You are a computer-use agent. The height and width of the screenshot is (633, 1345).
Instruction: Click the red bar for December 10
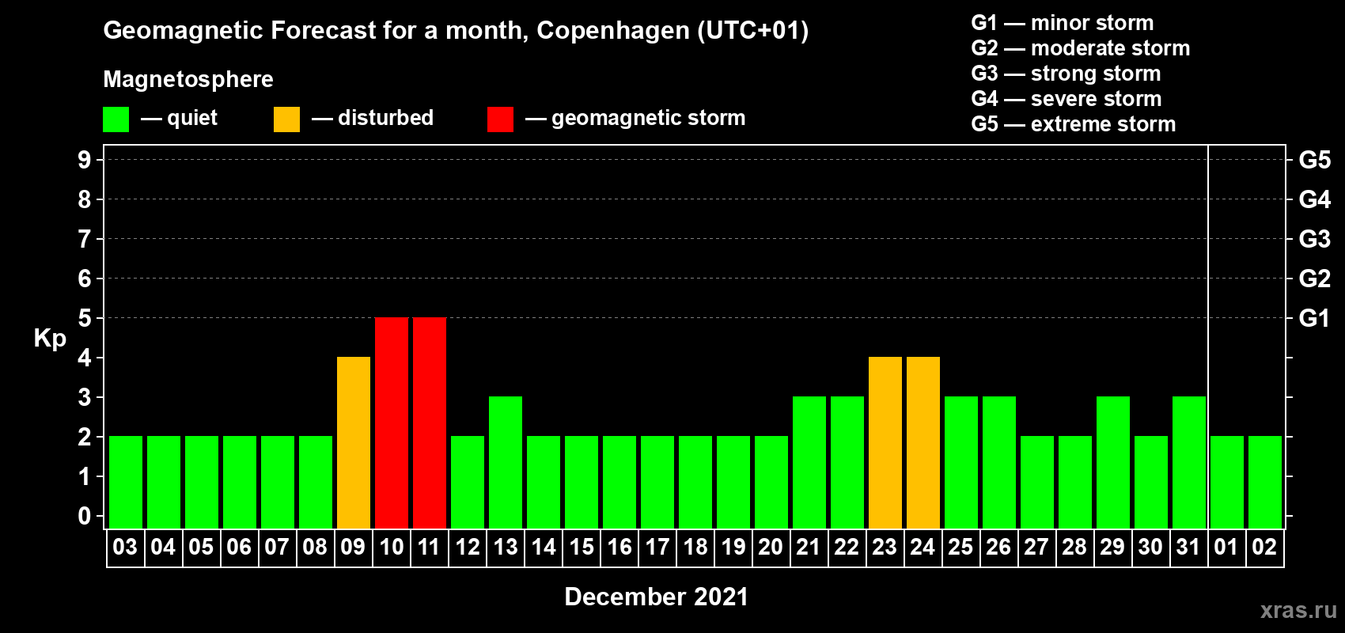tap(392, 423)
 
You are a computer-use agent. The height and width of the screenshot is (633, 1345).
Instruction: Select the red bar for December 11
tap(430, 423)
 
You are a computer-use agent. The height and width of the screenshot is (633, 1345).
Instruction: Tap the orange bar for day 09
tap(354, 442)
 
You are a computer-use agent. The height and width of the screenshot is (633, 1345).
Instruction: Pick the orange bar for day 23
tap(885, 442)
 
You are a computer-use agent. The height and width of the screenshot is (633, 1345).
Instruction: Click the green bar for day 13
tap(506, 462)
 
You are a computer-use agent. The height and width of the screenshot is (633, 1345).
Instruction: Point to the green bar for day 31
tap(1189, 462)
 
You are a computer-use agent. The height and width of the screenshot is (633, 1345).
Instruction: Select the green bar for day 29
tap(1113, 462)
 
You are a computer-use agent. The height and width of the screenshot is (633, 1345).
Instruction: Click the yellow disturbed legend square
tap(286, 119)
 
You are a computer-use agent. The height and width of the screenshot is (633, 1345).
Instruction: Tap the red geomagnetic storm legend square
tap(500, 119)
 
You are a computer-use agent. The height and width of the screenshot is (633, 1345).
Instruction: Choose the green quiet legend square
tap(116, 119)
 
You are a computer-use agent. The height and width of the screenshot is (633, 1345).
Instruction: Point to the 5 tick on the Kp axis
tap(85, 318)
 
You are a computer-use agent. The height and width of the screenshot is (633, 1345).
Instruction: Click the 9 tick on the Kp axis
tap(85, 160)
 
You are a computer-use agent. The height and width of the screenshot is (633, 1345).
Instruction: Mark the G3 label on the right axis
tap(1314, 239)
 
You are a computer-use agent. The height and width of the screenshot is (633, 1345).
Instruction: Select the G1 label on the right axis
tap(1314, 318)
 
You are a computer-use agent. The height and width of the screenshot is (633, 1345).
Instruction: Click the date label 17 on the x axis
tap(657, 547)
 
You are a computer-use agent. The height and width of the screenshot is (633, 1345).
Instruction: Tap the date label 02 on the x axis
tap(1264, 547)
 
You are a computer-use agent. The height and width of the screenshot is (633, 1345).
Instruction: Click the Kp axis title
tap(50, 339)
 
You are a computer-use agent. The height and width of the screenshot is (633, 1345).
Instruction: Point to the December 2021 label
tap(656, 597)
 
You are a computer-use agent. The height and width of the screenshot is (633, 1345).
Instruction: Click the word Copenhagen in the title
tap(613, 31)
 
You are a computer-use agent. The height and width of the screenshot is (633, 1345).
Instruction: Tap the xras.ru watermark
tap(1298, 610)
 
